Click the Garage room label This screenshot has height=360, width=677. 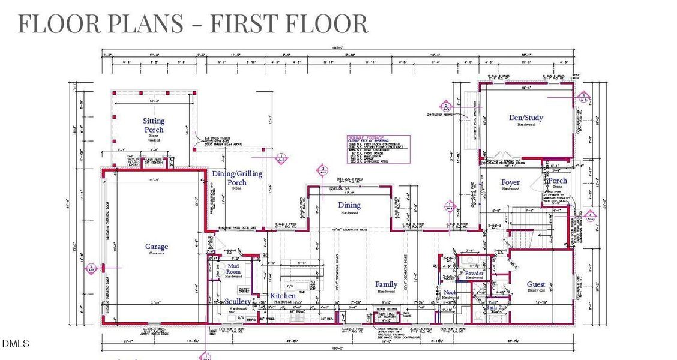(x=156, y=247)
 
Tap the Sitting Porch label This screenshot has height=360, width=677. (x=154, y=125)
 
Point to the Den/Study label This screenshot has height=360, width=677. (x=526, y=118)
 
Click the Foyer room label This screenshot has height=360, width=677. (x=510, y=182)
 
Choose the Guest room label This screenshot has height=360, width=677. (x=536, y=284)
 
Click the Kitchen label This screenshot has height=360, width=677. (x=283, y=296)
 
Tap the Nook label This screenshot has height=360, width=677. (x=450, y=293)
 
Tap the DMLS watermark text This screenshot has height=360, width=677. (x=15, y=344)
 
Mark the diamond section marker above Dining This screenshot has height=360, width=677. (x=323, y=169)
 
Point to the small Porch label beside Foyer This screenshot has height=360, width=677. (x=558, y=181)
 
